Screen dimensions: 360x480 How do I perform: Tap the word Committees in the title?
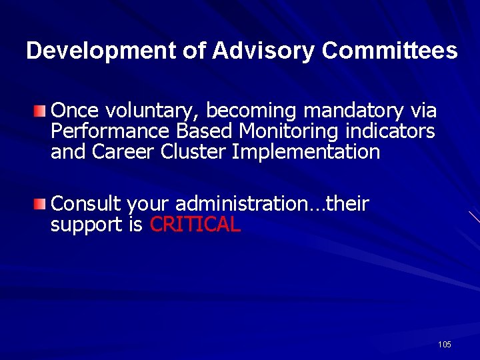point(390,51)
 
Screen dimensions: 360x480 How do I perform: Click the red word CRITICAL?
point(195,225)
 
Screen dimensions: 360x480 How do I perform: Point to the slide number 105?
point(445,345)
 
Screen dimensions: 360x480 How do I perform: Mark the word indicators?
point(390,131)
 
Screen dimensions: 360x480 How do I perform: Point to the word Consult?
point(86,203)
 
